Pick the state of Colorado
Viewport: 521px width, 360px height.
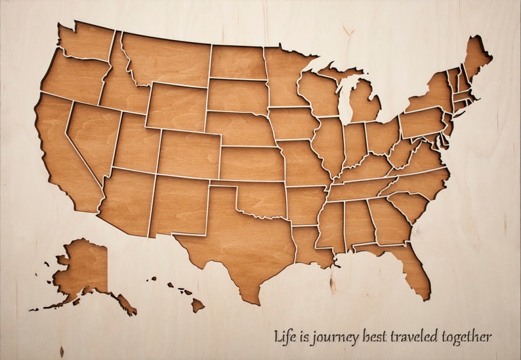pyautogui.click(x=188, y=154)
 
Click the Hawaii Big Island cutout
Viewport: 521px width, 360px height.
pyautogui.click(x=198, y=304)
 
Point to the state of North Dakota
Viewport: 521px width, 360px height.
pyautogui.click(x=236, y=62)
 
